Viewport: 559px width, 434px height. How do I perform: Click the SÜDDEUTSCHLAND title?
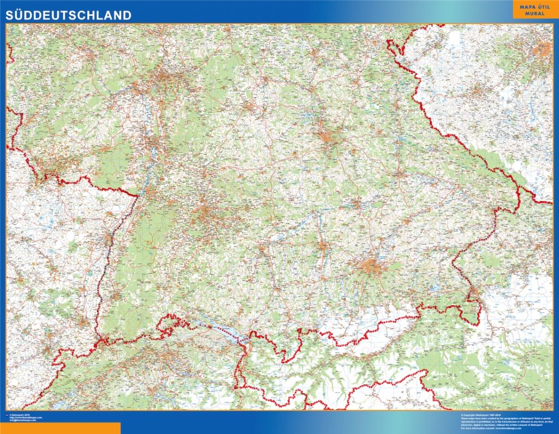tap(68, 15)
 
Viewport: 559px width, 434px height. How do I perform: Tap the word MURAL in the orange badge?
tap(534, 13)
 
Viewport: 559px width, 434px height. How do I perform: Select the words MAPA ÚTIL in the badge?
tap(534, 6)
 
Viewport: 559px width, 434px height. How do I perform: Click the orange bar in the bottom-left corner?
tap(60, 428)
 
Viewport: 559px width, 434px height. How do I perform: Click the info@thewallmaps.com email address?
tap(25, 420)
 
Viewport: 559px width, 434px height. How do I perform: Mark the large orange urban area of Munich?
tap(373, 267)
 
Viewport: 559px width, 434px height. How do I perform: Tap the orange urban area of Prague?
tap(542, 50)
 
